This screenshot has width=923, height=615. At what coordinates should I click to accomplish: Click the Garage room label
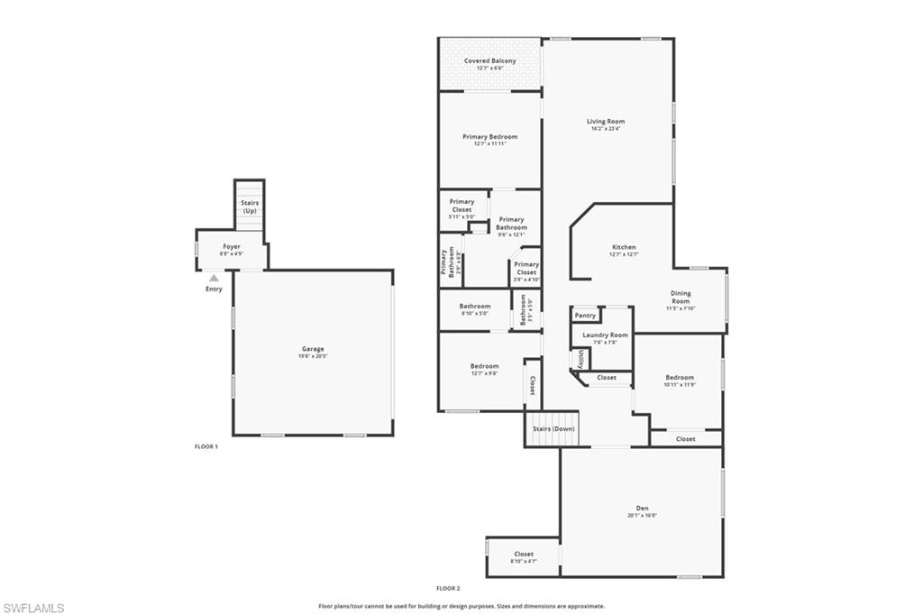point(313,349)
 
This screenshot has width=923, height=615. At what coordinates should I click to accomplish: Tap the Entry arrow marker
point(214,279)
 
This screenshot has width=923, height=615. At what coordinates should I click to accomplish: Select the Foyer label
point(232,246)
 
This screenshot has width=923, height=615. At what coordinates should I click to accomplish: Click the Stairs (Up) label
point(250,207)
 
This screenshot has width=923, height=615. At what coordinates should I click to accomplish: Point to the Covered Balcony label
point(490,60)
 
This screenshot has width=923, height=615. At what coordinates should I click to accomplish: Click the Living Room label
point(606,121)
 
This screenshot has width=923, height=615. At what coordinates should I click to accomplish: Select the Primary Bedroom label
point(490,137)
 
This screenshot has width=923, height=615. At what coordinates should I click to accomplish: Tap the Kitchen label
point(624,247)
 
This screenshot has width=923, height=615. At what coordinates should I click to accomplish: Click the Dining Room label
point(681,297)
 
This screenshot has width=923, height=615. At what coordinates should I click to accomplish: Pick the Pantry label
point(585,316)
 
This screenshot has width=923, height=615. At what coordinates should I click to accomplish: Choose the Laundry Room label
point(605,335)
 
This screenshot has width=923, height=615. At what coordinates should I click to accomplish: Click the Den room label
point(643,509)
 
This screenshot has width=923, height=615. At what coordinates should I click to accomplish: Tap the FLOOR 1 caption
point(206,446)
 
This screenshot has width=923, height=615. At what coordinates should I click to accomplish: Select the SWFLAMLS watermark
point(33,608)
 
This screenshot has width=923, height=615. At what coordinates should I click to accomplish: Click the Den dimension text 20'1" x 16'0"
point(643,516)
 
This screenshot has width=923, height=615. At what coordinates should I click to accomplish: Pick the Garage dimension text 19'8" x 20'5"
point(313,356)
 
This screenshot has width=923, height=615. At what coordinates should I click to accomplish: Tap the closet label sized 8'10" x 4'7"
point(524,558)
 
